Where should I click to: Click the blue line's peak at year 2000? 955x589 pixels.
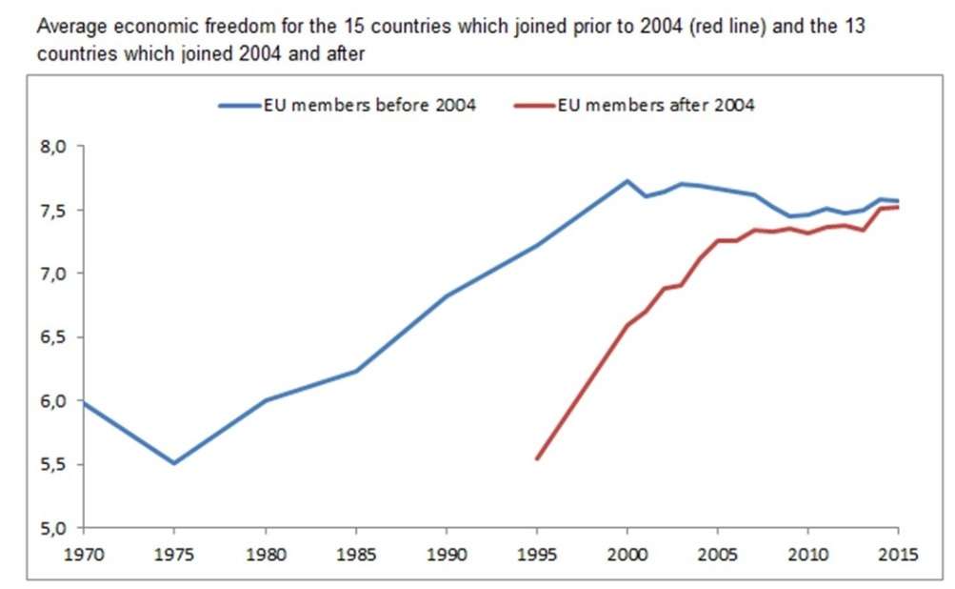627,180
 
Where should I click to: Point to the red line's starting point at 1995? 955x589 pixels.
537,458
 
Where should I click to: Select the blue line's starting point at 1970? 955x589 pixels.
84,402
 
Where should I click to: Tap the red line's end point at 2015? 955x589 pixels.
899,207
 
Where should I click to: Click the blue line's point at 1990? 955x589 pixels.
447,295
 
